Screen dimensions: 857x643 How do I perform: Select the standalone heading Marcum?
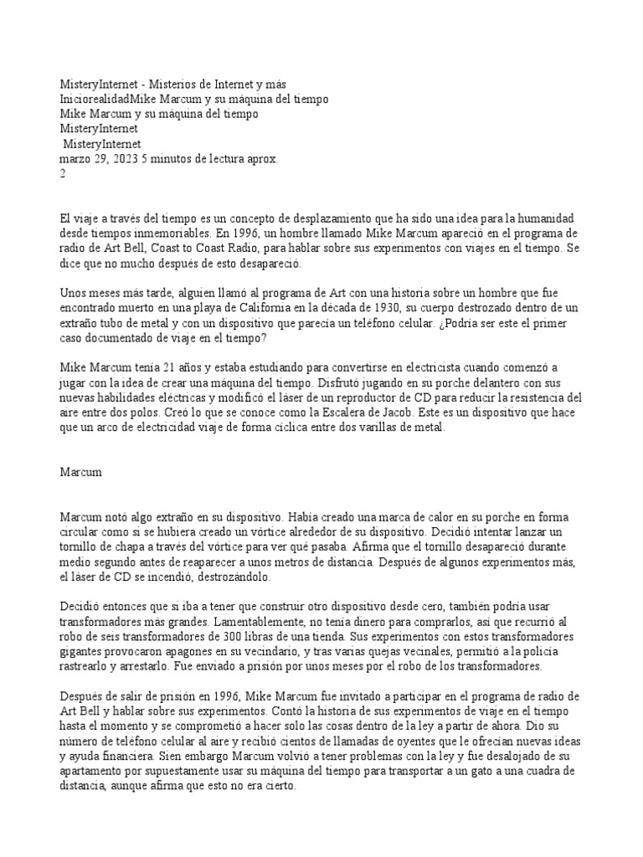tap(81, 472)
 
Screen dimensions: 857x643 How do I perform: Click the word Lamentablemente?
tap(259, 623)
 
